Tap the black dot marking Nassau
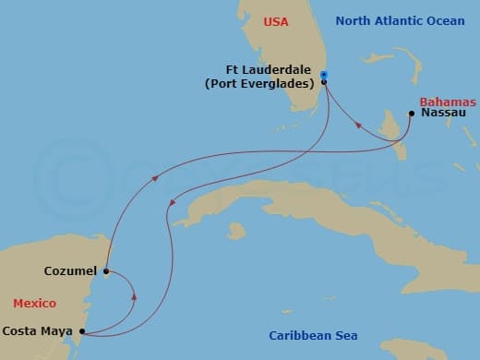pyautogui.click(x=411, y=114)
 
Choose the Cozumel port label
pyautogui.click(x=71, y=271)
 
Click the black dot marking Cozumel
pyautogui.click(x=107, y=271)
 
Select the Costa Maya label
pyautogui.click(x=38, y=330)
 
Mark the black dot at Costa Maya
pyautogui.click(x=82, y=331)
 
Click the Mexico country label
pyautogui.click(x=34, y=303)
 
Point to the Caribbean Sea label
pyautogui.click(x=313, y=335)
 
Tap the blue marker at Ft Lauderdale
pyautogui.click(x=324, y=75)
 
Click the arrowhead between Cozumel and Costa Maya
pyautogui.click(x=136, y=297)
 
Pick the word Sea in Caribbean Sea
pyautogui.click(x=346, y=335)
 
